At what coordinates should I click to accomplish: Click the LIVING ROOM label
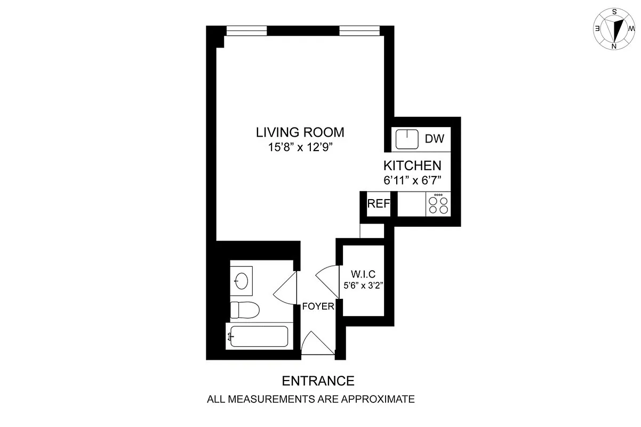coord(300,132)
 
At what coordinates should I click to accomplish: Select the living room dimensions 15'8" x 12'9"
coord(300,148)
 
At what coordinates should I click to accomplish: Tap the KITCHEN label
coord(412,165)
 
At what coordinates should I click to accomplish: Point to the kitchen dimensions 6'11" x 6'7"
coord(412,180)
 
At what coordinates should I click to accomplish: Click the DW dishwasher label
coord(435,139)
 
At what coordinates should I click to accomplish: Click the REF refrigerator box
coord(378,204)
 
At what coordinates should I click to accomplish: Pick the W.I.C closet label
coord(361,274)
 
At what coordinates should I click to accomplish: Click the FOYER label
coord(318,306)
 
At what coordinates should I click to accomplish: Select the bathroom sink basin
coord(242,280)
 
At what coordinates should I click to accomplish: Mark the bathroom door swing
coord(285,288)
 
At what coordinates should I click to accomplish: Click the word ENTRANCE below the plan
coord(318,381)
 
